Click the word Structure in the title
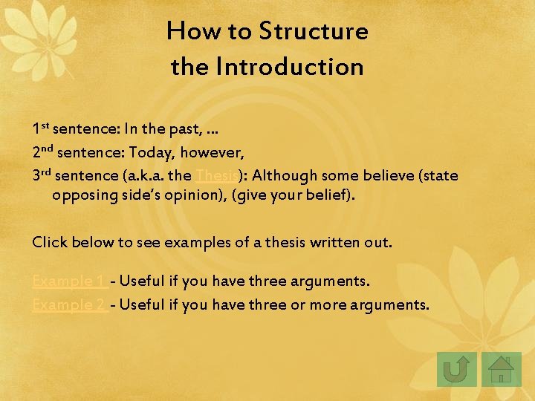[313, 31]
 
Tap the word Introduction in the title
[290, 67]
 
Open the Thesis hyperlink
[216, 176]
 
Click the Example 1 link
[68, 281]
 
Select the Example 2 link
[69, 304]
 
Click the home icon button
[502, 368]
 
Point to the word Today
[149, 153]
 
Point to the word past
[186, 129]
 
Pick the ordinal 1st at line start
[41, 129]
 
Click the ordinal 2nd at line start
[42, 153]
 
